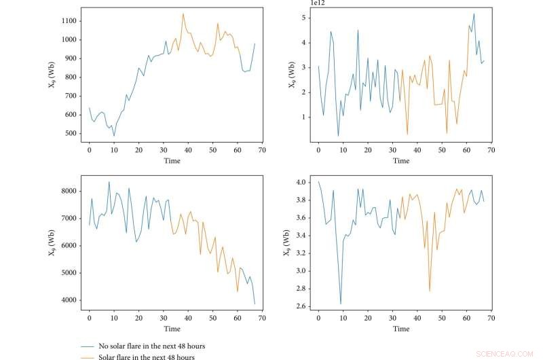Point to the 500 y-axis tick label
tap(69, 133)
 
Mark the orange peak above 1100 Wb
tap(183, 14)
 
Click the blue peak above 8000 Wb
tap(109, 182)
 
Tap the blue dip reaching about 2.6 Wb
tap(340, 303)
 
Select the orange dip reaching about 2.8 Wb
tap(430, 291)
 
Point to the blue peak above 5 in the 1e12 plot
tap(474, 14)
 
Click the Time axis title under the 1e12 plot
tap(400, 161)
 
